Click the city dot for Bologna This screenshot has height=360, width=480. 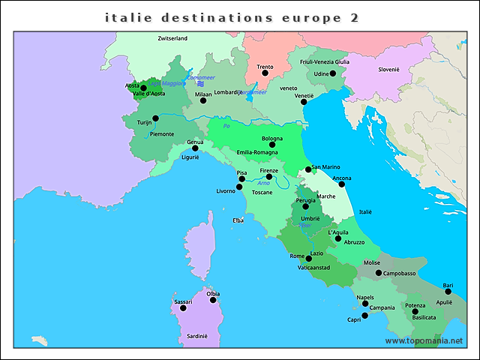pos(272,145)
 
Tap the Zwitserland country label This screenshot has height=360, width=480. pos(172,37)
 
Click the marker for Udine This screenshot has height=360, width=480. pos(333,73)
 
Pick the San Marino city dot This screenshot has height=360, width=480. pos(308,169)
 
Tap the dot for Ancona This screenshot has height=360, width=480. pos(342,184)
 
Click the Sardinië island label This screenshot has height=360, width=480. pos(197,336)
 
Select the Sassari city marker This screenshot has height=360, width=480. pos(183,308)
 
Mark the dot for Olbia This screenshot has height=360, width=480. pos(213,300)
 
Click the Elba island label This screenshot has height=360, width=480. pos(238,220)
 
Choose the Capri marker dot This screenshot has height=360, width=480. pos(365,316)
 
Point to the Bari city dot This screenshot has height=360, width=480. pos(448,292)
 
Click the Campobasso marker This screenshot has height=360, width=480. pos(379,273)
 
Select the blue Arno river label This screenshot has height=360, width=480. pos(263,184)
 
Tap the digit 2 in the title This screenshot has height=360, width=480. pos(354,16)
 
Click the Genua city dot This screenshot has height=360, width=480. pos(195,148)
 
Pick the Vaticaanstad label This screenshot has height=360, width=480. pos(314,267)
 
